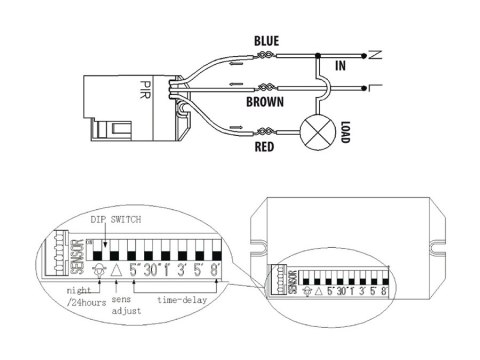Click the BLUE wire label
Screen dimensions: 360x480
pyautogui.click(x=266, y=40)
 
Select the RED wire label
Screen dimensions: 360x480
pyautogui.click(x=265, y=147)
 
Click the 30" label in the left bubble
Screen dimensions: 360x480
pyautogui.click(x=153, y=270)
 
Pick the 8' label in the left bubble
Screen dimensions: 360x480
pyautogui.click(x=215, y=270)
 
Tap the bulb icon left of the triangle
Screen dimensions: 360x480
pyautogui.click(x=97, y=270)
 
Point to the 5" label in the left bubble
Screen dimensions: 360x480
pyautogui.click(x=135, y=270)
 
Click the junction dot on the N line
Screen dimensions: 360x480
pyautogui.click(x=318, y=55)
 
